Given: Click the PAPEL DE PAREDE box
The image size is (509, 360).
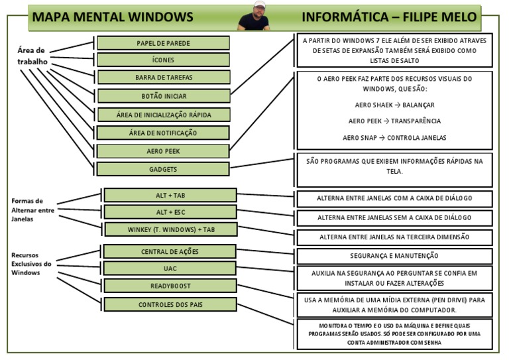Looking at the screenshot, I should click(x=163, y=43).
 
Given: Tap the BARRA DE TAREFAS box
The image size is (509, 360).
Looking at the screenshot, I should click(x=163, y=78).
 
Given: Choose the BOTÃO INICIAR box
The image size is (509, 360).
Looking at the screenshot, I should click(x=163, y=96).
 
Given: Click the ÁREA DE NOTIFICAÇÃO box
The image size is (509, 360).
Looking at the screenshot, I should click(x=163, y=133).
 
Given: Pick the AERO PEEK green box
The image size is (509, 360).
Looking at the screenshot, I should click(x=163, y=151).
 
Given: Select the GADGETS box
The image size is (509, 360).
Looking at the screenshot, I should click(x=163, y=169).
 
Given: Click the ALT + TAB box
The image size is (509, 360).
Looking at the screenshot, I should click(x=170, y=195).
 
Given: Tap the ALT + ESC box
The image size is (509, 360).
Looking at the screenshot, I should click(x=170, y=212).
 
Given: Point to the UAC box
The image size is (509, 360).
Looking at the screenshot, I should click(x=170, y=269).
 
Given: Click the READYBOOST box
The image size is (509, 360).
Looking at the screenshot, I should click(x=170, y=286).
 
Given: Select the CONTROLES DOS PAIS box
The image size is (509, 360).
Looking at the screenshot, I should click(x=170, y=305).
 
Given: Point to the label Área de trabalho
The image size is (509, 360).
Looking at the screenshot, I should click(x=30, y=56).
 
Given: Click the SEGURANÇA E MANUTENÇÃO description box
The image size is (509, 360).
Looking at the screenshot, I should click(x=394, y=256).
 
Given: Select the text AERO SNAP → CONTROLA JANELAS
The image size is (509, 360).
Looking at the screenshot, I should click(x=394, y=138).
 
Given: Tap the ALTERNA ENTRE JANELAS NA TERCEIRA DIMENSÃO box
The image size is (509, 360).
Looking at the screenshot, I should click(x=394, y=237).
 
